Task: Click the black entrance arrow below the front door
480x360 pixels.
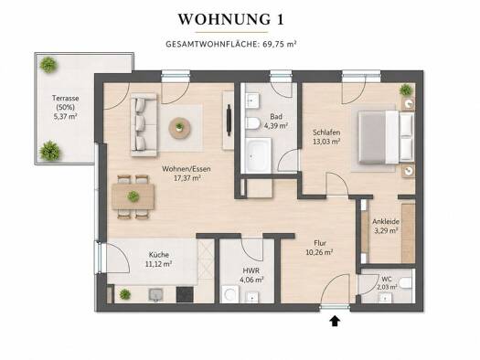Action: point(336,321)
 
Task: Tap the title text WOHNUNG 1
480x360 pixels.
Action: point(231,19)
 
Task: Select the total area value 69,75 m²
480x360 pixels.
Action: point(280,44)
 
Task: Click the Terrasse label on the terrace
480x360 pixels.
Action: point(66,98)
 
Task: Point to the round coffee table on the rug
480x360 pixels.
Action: point(180,127)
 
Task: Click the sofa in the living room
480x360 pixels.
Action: point(144,124)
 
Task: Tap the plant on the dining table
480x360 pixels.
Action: point(133,196)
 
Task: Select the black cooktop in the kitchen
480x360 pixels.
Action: point(185,294)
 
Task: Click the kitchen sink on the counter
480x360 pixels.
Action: point(156,294)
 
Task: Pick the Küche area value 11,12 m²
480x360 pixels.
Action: point(158,264)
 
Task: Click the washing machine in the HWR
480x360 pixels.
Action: point(229,294)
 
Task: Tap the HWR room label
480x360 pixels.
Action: point(251,270)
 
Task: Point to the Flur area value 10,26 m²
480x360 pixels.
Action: point(320,252)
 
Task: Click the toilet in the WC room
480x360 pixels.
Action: point(405,282)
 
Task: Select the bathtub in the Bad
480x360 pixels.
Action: point(258,155)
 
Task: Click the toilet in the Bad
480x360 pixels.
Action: point(252,123)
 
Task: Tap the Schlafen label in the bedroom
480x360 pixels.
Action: point(326,132)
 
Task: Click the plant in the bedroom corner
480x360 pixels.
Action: point(406,90)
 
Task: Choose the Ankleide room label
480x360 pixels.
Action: point(386,221)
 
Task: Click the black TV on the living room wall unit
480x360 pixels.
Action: point(229,121)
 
